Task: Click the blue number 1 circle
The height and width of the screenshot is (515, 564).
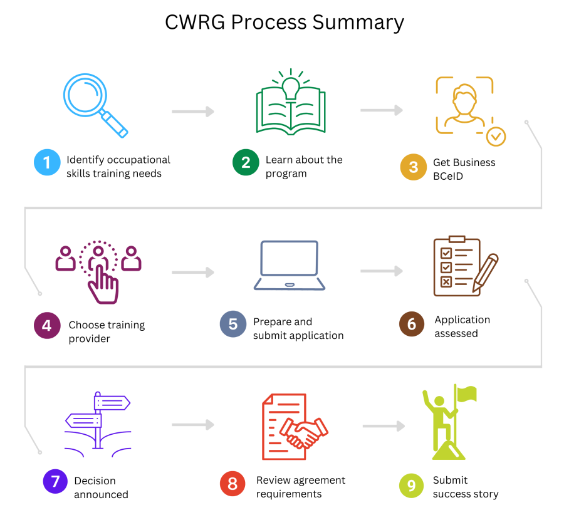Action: click(47, 163)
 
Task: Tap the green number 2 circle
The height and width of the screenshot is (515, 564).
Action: click(246, 163)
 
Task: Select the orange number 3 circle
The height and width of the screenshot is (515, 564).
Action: click(413, 168)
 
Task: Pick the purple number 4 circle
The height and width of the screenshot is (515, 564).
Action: click(47, 326)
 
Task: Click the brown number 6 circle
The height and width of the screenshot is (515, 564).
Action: click(412, 324)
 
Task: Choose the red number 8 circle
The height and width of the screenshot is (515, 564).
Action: click(232, 484)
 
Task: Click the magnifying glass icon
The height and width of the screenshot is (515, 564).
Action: click(94, 104)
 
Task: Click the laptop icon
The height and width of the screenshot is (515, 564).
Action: click(290, 266)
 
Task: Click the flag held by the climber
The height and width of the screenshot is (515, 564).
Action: click(466, 394)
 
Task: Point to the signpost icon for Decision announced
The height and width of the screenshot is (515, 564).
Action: click(98, 421)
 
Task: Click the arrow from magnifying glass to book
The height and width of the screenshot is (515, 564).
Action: click(193, 112)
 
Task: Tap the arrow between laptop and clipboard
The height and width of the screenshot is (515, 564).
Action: click(381, 271)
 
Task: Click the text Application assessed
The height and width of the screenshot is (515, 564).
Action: click(462, 326)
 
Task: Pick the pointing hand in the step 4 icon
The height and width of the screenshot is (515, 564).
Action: click(103, 285)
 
